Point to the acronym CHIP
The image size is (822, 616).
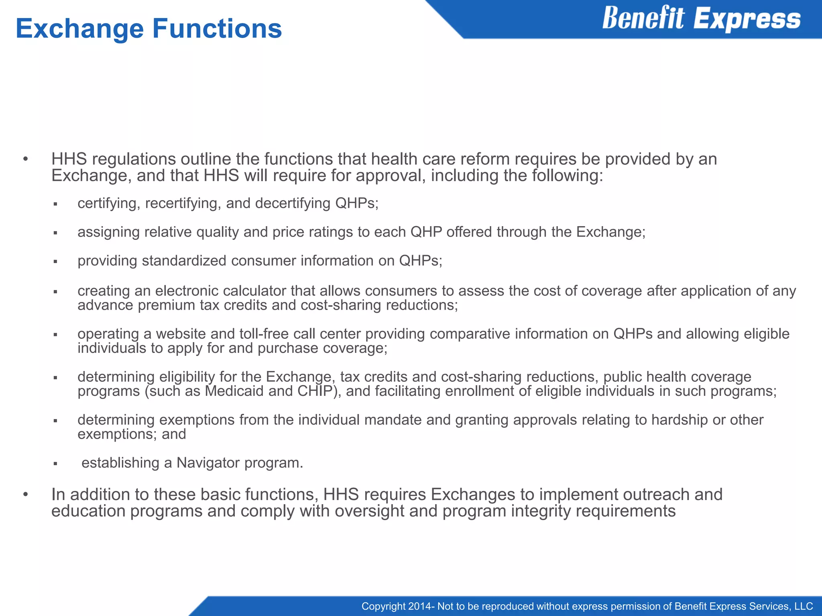315,391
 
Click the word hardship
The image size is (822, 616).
680,420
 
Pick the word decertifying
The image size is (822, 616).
293,203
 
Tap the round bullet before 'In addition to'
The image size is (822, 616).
26,495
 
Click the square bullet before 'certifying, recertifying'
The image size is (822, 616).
56,205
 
